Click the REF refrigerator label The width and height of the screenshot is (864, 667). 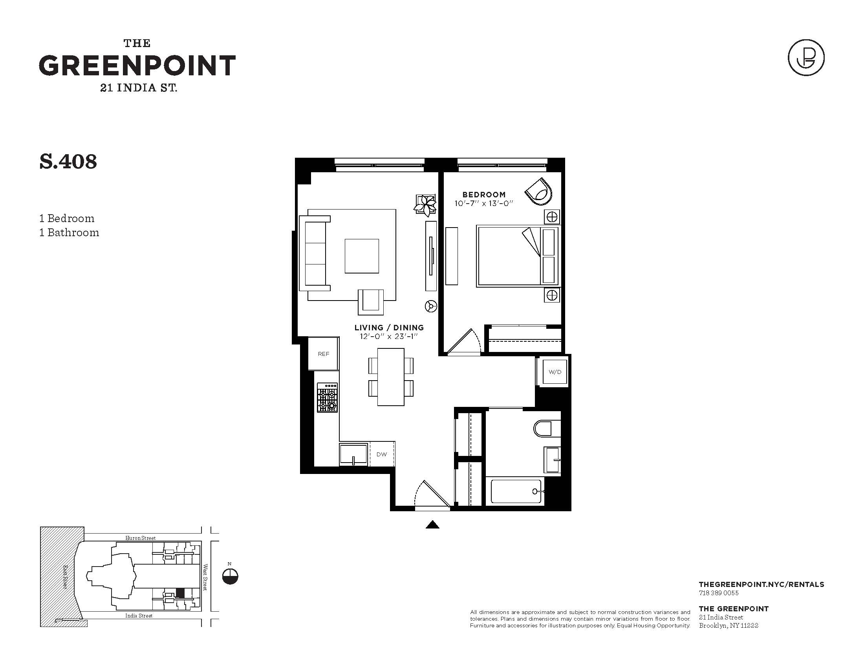(323, 354)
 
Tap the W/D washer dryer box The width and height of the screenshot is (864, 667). (555, 372)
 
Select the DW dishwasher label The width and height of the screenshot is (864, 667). (381, 454)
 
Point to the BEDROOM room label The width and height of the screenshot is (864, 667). (484, 194)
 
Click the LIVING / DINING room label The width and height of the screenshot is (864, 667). (389, 328)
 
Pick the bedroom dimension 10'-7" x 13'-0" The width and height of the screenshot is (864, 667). (483, 204)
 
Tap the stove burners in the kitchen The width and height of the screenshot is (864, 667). (327, 398)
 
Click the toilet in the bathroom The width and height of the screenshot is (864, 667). (547, 428)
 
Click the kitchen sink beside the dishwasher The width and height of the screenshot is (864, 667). (353, 454)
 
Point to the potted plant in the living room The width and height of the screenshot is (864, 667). (425, 205)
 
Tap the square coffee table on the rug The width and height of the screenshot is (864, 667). (362, 256)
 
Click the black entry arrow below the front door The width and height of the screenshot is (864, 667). (432, 524)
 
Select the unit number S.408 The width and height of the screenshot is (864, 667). (68, 162)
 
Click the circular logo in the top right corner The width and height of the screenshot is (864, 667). (806, 58)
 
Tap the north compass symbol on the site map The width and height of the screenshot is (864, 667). (230, 576)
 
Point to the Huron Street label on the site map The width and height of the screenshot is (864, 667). (141, 538)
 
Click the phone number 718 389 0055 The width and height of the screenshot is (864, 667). (718, 593)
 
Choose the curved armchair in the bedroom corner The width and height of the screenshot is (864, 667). (539, 191)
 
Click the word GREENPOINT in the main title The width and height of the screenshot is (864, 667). (137, 66)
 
